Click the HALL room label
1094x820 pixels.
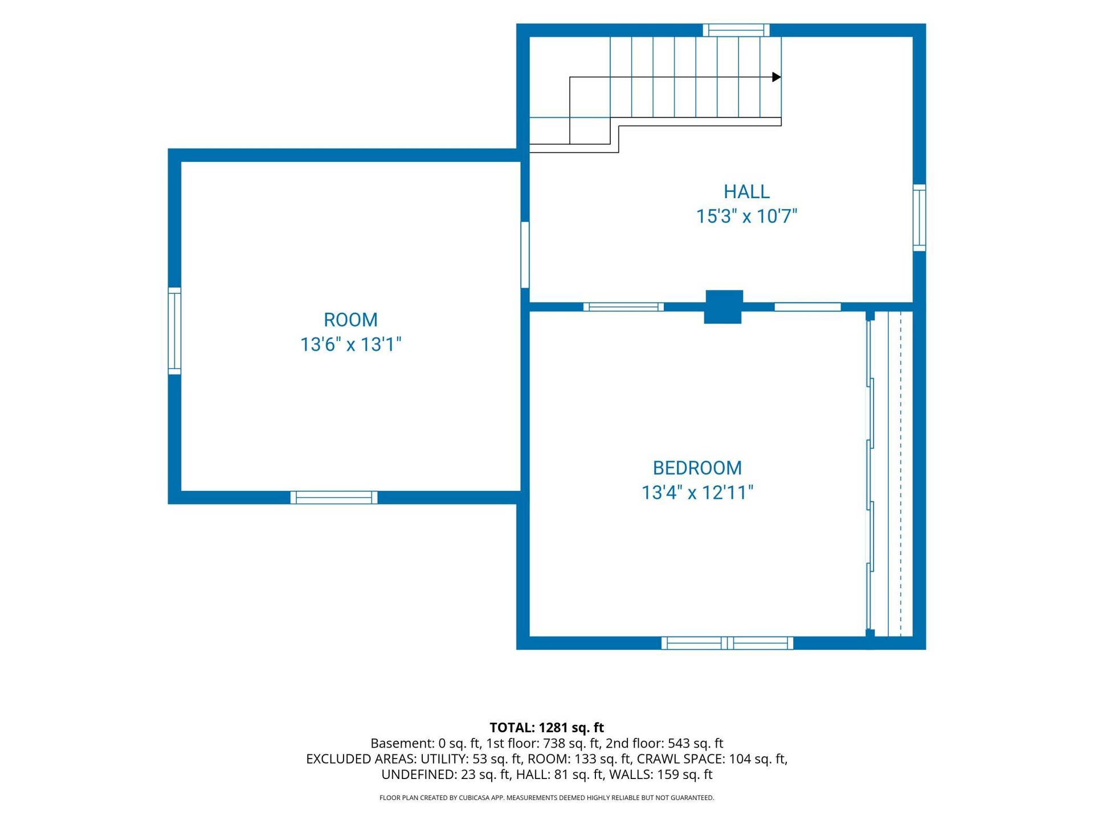pyautogui.click(x=746, y=191)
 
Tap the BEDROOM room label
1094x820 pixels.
pyautogui.click(x=697, y=468)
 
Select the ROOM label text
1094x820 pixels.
pyautogui.click(x=350, y=320)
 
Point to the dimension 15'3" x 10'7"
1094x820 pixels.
pyautogui.click(x=746, y=216)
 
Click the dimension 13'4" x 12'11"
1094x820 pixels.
pyautogui.click(x=697, y=493)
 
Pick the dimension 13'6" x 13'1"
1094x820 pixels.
pyautogui.click(x=350, y=345)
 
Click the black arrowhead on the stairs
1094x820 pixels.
pyautogui.click(x=777, y=77)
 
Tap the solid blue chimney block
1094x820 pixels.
pyautogui.click(x=724, y=307)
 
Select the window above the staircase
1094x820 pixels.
pyautogui.click(x=736, y=30)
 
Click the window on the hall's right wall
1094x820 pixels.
pyautogui.click(x=919, y=218)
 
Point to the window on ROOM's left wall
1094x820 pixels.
pyautogui.click(x=174, y=331)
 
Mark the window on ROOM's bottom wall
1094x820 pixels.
pyautogui.click(x=334, y=497)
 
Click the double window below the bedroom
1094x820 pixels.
pyautogui.click(x=727, y=643)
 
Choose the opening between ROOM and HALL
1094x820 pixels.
pyautogui.click(x=525, y=255)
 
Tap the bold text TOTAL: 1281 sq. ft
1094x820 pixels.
pyautogui.click(x=546, y=727)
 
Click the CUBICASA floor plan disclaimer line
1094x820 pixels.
pyautogui.click(x=546, y=798)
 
